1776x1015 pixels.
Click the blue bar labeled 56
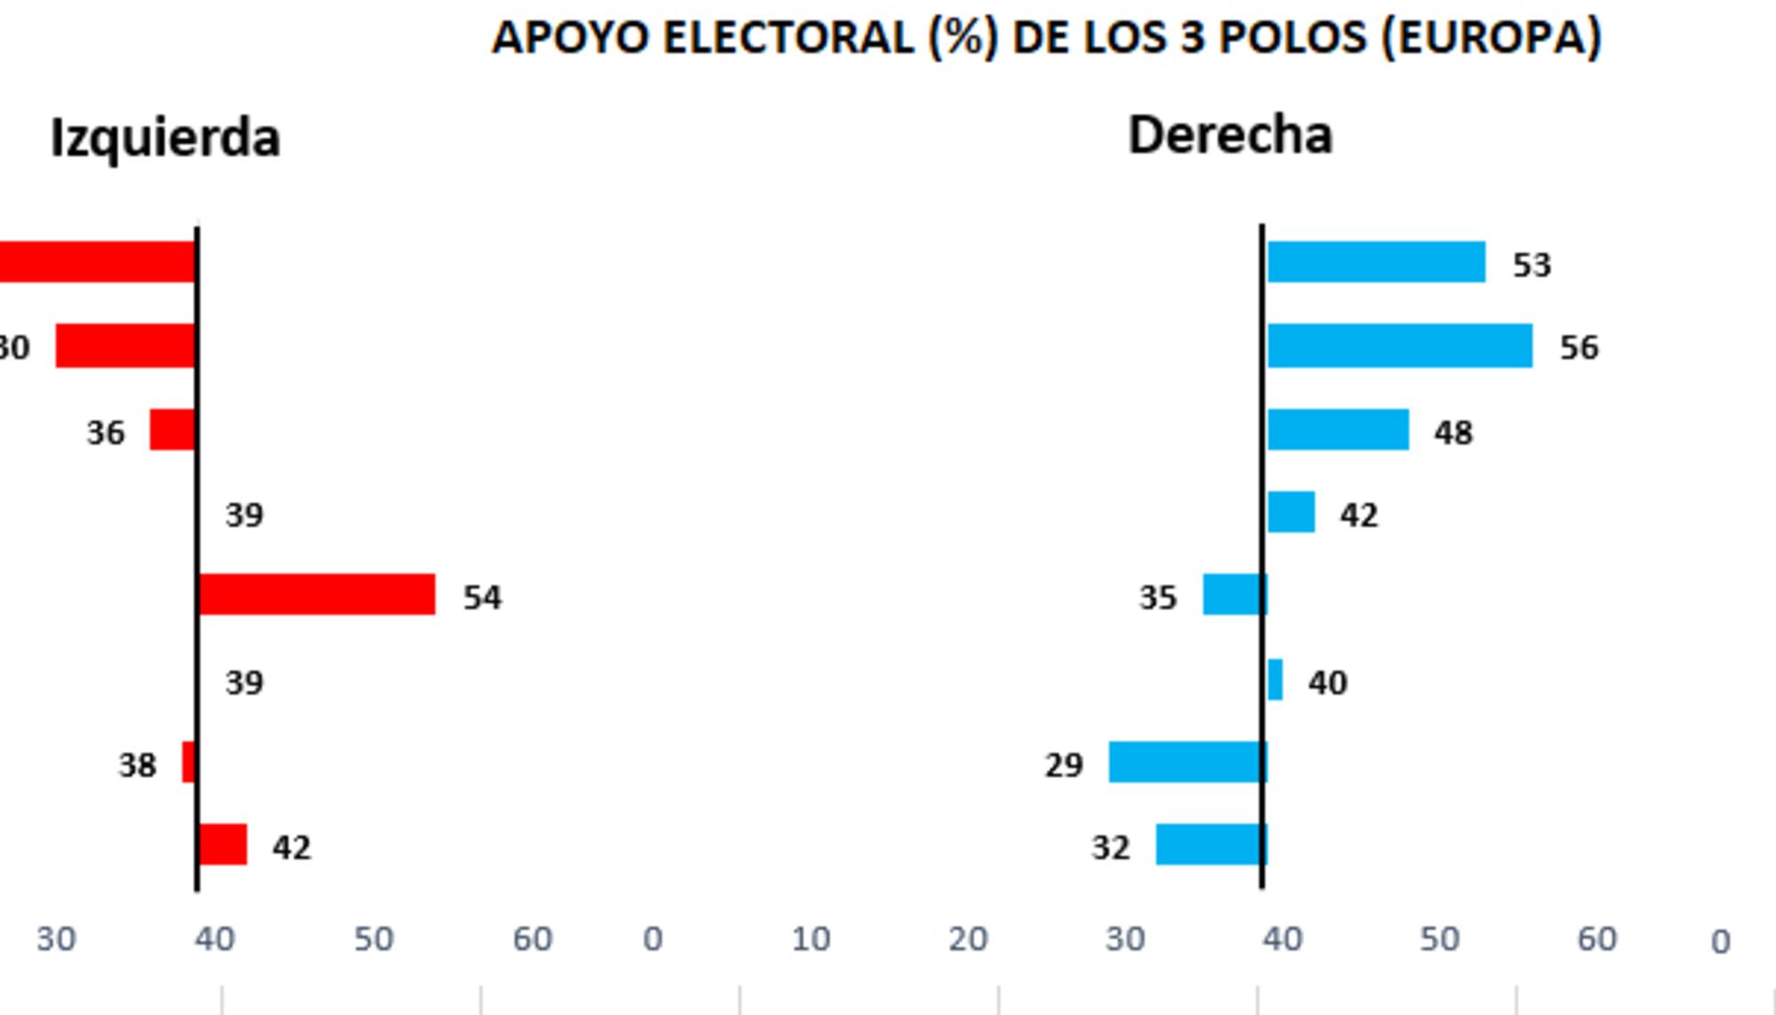pyautogui.click(x=1399, y=345)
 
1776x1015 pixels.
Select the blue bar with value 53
pyautogui.click(x=1376, y=262)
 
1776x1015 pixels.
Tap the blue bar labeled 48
pyautogui.click(x=1337, y=430)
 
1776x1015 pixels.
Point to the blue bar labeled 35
pyautogui.click(x=1233, y=594)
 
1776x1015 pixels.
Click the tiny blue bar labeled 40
pyautogui.click(x=1275, y=680)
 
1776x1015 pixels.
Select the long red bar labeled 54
pyautogui.click(x=317, y=594)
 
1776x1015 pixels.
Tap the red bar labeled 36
pyautogui.click(x=172, y=430)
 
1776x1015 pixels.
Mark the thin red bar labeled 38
pyautogui.click(x=188, y=762)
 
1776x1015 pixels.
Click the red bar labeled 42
pyautogui.click(x=223, y=845)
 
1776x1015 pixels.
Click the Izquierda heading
pyautogui.click(x=165, y=138)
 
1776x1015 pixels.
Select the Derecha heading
pyautogui.click(x=1230, y=136)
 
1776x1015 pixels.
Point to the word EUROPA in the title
pyautogui.click(x=1492, y=38)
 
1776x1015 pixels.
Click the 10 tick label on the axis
pyautogui.click(x=811, y=939)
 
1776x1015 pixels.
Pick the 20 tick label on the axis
pyautogui.click(x=968, y=939)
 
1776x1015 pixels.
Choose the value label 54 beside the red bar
pyautogui.click(x=482, y=598)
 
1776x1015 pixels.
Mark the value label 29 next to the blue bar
pyautogui.click(x=1064, y=765)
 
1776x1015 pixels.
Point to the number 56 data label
pyautogui.click(x=1579, y=347)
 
